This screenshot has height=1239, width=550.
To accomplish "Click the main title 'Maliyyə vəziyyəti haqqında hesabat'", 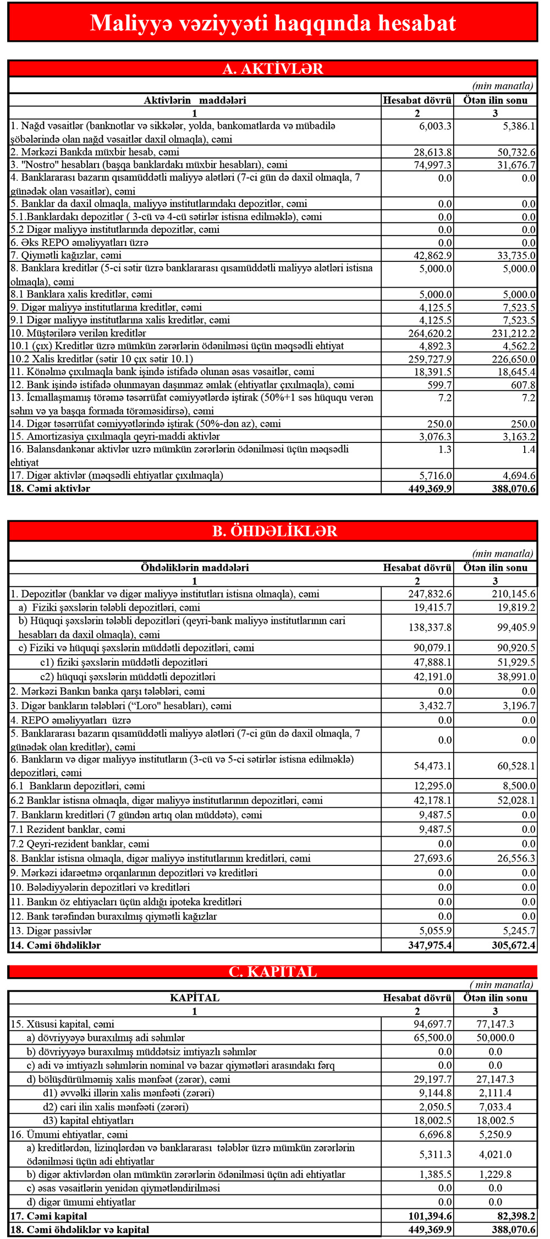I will click(273, 23).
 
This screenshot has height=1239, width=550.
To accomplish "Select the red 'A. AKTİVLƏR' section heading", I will click(273, 69).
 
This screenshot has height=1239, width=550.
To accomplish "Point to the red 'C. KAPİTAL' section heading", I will click(273, 972).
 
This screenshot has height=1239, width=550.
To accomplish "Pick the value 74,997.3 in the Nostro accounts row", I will click(433, 165).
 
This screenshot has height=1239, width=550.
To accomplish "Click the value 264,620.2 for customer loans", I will click(430, 333).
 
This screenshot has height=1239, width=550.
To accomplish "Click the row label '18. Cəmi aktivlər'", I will click(50, 489).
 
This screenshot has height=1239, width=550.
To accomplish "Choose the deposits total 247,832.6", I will click(430, 594).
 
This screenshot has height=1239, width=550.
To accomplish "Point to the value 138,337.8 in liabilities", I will click(430, 627).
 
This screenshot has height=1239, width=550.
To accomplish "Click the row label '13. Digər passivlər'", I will click(51, 931).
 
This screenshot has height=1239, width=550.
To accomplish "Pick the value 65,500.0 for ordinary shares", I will click(433, 1038).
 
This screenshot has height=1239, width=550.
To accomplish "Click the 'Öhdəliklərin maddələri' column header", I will click(195, 568).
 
